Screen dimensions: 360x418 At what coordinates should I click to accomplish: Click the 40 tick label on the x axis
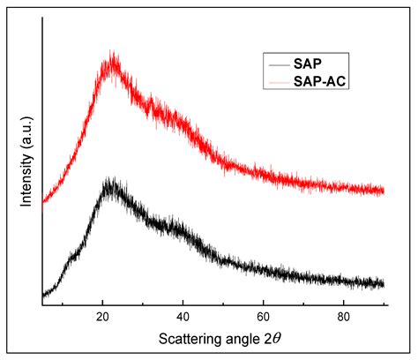pyautogui.click(x=183, y=316)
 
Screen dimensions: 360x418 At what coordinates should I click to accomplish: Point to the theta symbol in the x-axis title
pyautogui.click(x=278, y=340)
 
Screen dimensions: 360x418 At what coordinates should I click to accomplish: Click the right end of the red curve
pyautogui.click(x=384, y=190)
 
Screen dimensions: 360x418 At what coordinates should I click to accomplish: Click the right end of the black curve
pyautogui.click(x=384, y=283)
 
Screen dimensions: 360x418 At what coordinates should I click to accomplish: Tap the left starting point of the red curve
pyautogui.click(x=42, y=202)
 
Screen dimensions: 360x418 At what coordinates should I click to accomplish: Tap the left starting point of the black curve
pyautogui.click(x=42, y=295)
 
